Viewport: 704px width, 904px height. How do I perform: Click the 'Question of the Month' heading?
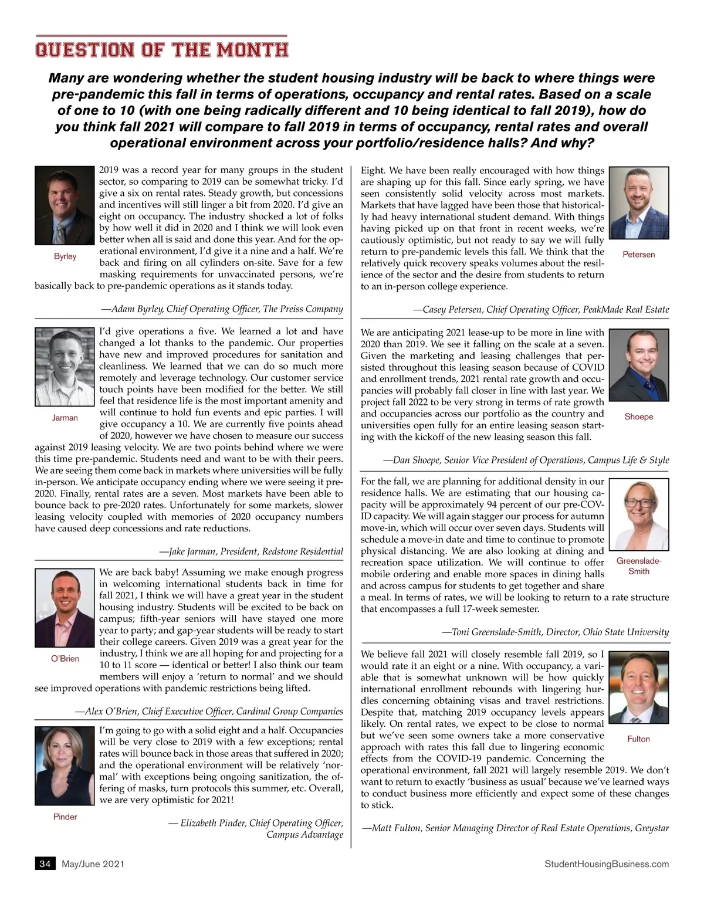tap(162, 49)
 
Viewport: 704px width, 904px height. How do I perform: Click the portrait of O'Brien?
tap(65, 608)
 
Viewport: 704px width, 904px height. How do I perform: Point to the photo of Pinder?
tap(65, 766)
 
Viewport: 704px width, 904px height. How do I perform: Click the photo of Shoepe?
tap(639, 367)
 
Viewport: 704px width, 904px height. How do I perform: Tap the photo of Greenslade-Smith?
tap(639, 514)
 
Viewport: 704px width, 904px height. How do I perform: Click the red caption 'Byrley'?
tap(65, 256)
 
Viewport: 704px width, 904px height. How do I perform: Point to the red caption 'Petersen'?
tap(639, 255)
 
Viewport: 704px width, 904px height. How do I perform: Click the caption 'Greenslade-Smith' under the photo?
tap(639, 566)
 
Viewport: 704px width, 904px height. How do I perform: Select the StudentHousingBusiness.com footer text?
tap(607, 864)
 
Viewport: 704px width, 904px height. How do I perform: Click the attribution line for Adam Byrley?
tap(222, 309)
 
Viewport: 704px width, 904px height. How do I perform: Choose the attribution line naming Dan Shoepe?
tap(526, 460)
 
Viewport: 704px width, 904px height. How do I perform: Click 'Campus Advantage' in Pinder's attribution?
tap(304, 835)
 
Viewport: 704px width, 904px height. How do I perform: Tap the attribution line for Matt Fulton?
tap(516, 828)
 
